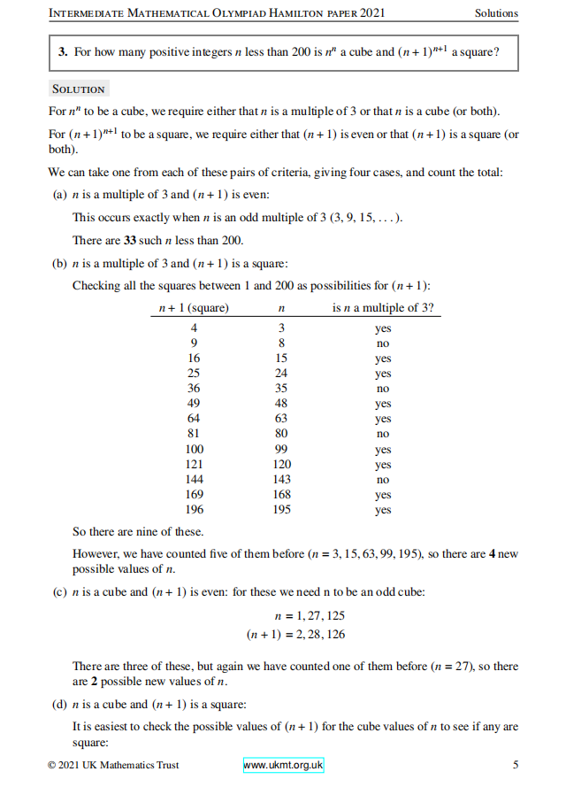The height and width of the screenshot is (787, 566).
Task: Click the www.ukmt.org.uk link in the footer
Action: pos(284,765)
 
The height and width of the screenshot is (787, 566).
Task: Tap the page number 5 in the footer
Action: pos(516,765)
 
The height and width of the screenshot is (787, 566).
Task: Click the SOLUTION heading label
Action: pos(79,89)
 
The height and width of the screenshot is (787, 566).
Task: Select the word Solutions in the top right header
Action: pos(496,13)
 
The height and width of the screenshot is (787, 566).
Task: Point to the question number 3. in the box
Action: pos(64,52)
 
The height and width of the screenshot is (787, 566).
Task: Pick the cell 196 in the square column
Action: pos(194,510)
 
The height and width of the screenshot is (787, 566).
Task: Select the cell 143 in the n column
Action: pos(281,480)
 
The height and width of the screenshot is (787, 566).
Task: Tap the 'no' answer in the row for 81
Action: pos(383,434)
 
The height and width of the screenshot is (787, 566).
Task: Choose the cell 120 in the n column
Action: pos(281,465)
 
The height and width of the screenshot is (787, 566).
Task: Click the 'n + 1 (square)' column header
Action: pos(193,308)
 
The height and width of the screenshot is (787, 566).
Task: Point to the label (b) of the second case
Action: pos(60,263)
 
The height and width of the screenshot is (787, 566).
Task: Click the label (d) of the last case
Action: pos(60,705)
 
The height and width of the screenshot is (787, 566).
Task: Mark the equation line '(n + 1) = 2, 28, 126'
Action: pos(296,634)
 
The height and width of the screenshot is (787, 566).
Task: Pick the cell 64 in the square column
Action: pos(194,419)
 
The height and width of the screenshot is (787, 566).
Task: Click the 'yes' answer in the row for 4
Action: pos(383,328)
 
